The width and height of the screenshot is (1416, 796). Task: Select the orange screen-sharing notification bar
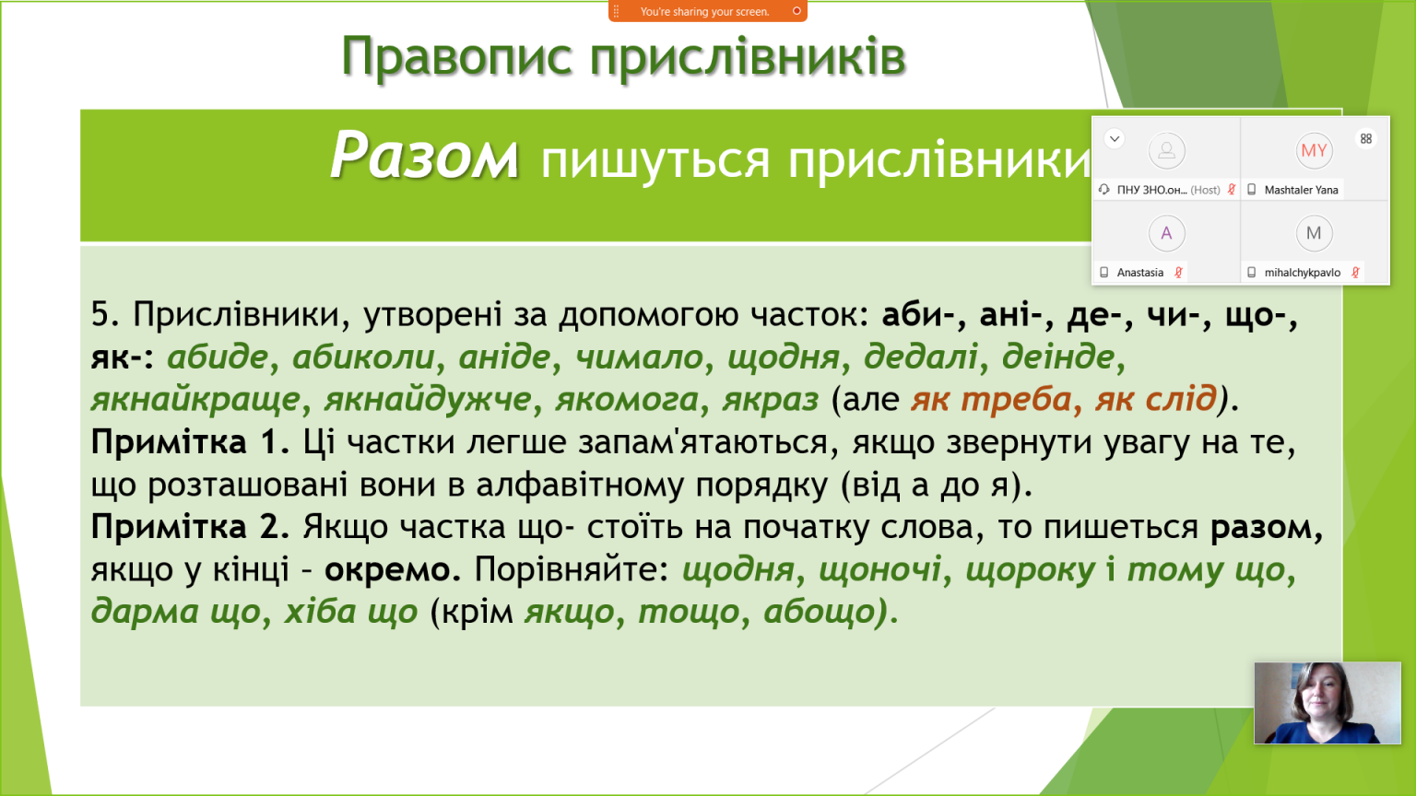707,11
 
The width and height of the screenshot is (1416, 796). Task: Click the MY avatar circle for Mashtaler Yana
1314,151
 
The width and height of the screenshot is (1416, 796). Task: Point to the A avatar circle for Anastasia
1166,233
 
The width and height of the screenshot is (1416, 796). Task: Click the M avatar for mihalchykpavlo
1314,233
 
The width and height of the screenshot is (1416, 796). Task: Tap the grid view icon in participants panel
1366,139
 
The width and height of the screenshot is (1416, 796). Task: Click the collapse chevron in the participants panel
1115,138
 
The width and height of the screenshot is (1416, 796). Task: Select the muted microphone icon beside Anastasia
1178,273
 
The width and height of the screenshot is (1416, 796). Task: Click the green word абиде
218,357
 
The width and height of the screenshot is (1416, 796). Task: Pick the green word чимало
639,357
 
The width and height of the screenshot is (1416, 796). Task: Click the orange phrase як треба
991,399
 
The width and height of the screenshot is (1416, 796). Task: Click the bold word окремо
392,570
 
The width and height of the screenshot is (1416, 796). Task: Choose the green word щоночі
880,570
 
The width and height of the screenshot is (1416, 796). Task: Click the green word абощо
820,612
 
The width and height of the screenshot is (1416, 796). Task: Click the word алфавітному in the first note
580,486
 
